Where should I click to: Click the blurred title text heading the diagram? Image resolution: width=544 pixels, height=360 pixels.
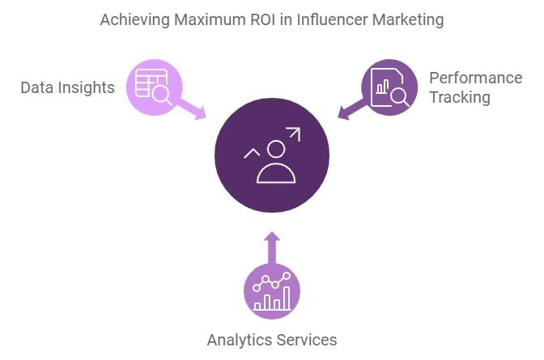[271, 20]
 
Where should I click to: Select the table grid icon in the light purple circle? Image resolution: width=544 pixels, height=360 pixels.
[148, 82]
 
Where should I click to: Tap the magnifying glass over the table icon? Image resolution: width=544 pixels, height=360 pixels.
[161, 94]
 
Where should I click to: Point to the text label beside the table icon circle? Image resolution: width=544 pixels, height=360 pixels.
[68, 87]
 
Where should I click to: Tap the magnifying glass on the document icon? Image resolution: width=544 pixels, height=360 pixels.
[398, 95]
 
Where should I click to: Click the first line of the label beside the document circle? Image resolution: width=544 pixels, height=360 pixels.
[475, 78]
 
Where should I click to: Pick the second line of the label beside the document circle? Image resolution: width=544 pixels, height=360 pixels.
[459, 99]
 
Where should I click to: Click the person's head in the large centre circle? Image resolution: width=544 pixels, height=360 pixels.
[276, 150]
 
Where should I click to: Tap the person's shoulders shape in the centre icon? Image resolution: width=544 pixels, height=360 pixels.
[276, 173]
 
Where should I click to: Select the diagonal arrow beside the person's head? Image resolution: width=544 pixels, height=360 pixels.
[292, 135]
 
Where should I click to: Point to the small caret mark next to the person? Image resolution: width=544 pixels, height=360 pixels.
[252, 152]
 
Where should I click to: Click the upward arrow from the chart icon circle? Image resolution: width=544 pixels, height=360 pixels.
[272, 246]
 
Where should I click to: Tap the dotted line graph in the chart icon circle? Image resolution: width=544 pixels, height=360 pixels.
[271, 282]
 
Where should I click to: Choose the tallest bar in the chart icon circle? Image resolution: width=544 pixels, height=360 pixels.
[287, 298]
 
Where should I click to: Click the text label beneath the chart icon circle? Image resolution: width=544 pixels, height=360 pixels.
[272, 341]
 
